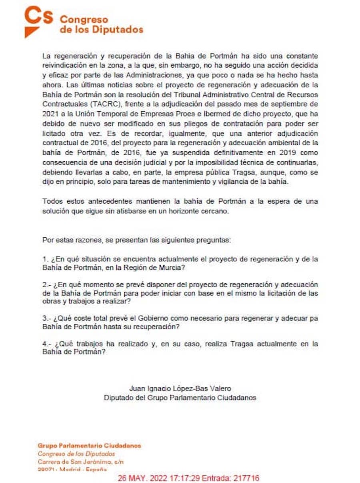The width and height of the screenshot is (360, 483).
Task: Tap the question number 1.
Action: pos(45,259)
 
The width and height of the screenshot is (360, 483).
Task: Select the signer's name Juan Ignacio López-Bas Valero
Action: pos(180,389)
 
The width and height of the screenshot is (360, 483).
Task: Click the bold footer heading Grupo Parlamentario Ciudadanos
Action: pos(89,446)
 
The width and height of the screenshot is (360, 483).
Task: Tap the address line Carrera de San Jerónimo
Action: pos(80,462)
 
